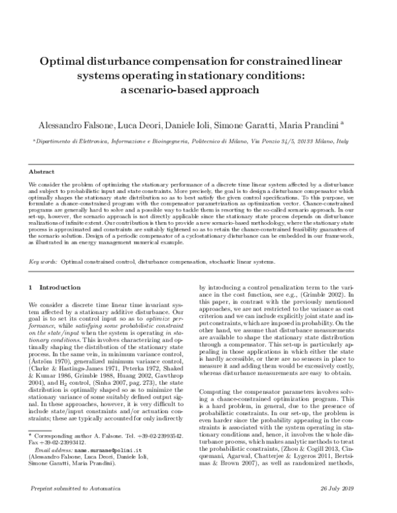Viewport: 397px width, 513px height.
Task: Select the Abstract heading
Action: (42, 170)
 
